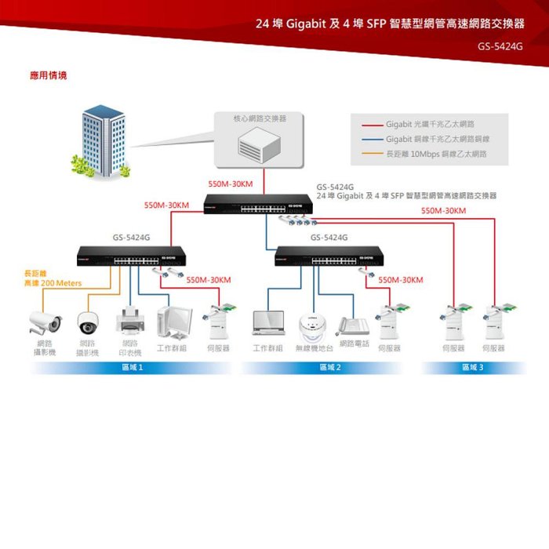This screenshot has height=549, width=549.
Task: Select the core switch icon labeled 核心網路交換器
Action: click(x=260, y=144)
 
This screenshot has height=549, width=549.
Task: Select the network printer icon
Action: click(x=130, y=321)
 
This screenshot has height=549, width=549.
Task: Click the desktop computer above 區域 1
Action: click(x=173, y=321)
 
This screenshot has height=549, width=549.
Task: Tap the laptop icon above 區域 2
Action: click(x=267, y=322)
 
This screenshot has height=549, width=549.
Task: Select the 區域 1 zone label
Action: click(x=131, y=367)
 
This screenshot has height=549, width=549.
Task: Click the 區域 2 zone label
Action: click(x=329, y=367)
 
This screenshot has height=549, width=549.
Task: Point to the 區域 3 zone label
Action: click(x=473, y=367)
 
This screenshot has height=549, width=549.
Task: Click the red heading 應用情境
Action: click(x=48, y=76)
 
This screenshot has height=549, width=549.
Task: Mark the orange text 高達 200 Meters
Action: click(x=53, y=282)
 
